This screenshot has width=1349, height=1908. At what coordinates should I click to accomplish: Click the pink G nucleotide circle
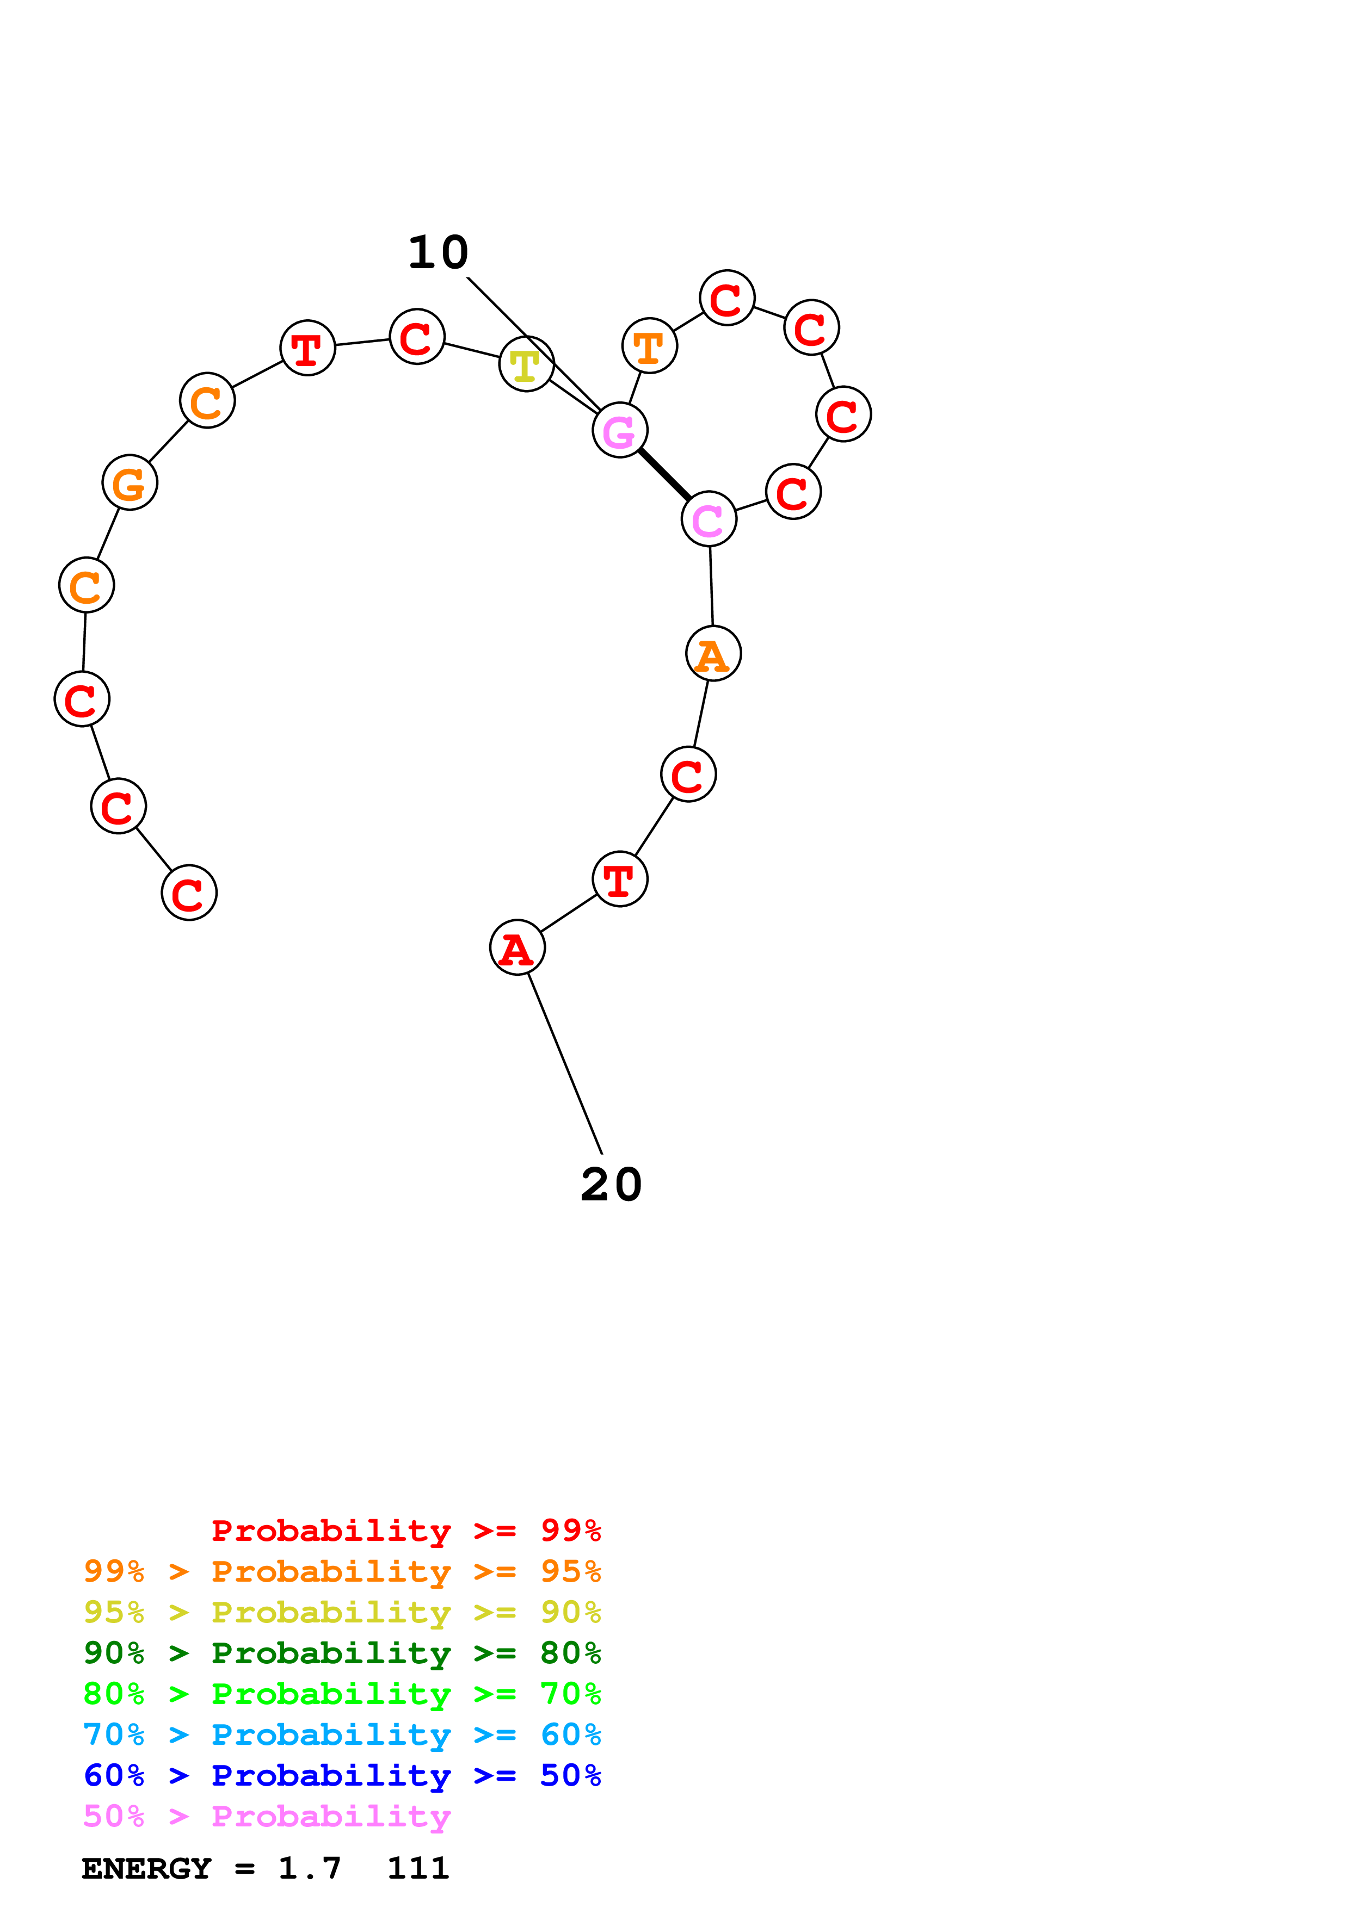(x=619, y=430)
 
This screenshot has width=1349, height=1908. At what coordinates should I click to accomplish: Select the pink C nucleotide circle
(x=708, y=519)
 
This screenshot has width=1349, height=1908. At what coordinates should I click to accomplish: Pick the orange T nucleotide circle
(x=649, y=346)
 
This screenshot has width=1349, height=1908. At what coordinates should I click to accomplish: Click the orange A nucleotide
(x=713, y=654)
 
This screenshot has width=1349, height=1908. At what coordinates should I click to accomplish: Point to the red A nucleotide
(x=517, y=947)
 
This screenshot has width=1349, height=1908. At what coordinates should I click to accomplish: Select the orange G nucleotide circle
(x=130, y=483)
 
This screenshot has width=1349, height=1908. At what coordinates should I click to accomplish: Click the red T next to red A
(x=620, y=879)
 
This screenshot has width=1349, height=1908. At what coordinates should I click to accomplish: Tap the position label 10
(x=438, y=252)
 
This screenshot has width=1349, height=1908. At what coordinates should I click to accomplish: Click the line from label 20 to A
(x=565, y=1064)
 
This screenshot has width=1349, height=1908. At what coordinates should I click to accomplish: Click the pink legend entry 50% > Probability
(x=267, y=1817)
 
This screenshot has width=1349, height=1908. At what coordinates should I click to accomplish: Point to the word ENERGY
(x=146, y=1869)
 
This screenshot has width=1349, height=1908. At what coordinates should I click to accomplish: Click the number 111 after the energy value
(x=418, y=1869)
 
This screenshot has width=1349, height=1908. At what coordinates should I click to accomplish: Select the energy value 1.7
(x=309, y=1869)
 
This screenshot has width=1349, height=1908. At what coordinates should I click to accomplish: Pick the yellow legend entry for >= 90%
(x=342, y=1613)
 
